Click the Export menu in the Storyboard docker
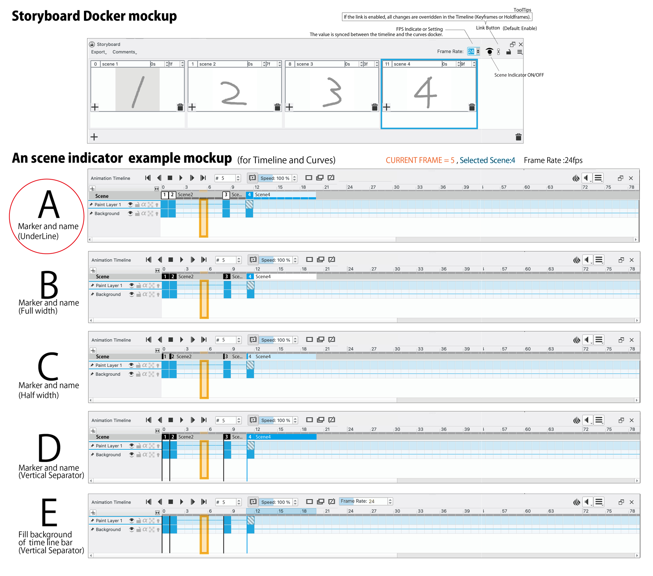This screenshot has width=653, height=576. coord(98,52)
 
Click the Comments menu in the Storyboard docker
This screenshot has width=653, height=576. coord(124,52)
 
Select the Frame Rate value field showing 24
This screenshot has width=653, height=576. coord(471,51)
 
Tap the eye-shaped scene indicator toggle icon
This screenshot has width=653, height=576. coord(489,51)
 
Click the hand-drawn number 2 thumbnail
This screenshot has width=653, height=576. coord(234,93)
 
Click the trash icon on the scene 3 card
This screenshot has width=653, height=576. coord(374,107)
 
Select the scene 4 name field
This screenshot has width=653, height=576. coord(417,64)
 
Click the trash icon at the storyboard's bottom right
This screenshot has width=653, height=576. coord(518,137)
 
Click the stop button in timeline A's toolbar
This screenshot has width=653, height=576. coord(170,178)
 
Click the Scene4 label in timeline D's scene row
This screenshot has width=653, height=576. coord(263,437)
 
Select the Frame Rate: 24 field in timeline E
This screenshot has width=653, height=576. coord(363,501)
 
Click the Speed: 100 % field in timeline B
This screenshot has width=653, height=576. coord(275,260)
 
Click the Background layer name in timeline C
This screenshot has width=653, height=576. coord(108,374)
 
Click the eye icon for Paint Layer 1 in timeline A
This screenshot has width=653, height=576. coord(130,204)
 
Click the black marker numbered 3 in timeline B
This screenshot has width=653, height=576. coord(227,277)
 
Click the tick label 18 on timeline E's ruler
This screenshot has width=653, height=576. coord(304,511)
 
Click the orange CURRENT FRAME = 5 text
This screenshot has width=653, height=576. coord(420,160)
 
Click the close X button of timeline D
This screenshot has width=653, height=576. coord(632,420)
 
